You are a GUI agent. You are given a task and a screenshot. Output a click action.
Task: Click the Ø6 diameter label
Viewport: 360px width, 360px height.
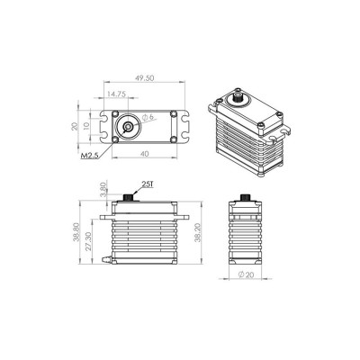click(149, 119)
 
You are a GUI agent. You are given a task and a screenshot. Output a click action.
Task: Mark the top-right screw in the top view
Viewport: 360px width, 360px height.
click(159, 115)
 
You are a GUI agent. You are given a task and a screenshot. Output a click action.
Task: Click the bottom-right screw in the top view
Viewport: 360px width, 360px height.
click(159, 139)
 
